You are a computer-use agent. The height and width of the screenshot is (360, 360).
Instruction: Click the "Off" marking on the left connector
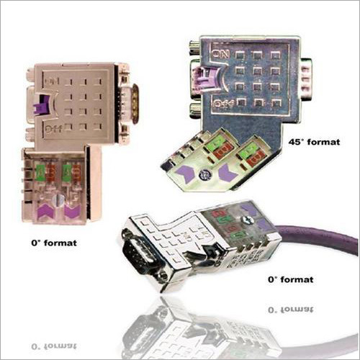coord(53,130)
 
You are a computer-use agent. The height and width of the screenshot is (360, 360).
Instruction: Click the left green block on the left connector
coord(40,173)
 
